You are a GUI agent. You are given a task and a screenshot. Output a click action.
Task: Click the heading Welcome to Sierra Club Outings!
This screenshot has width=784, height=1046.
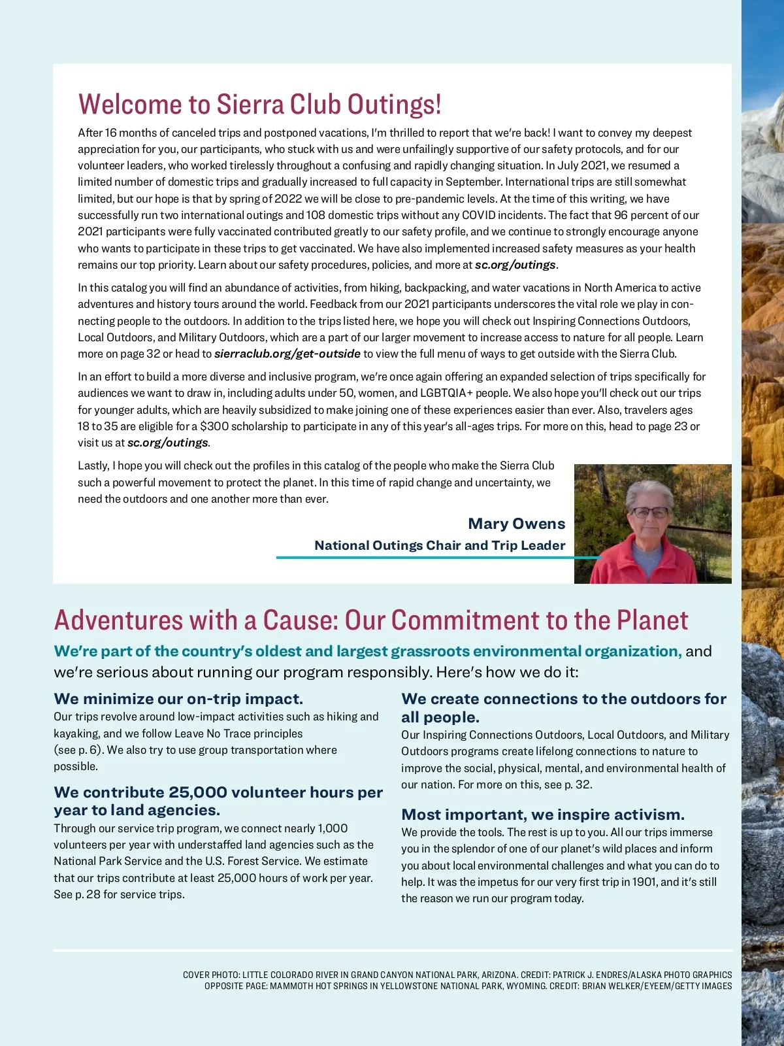pyautogui.click(x=259, y=105)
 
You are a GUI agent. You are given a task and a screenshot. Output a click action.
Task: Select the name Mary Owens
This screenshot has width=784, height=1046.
pyautogui.click(x=516, y=524)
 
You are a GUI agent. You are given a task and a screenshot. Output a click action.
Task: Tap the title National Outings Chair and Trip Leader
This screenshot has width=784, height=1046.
pyautogui.click(x=440, y=545)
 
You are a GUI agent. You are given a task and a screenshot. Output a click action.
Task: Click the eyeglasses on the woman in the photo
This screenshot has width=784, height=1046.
pyautogui.click(x=650, y=512)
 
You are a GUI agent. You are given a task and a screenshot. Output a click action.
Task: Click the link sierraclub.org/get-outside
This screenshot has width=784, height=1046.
pyautogui.click(x=287, y=354)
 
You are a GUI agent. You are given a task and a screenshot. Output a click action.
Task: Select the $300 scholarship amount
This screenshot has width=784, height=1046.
pyautogui.click(x=214, y=426)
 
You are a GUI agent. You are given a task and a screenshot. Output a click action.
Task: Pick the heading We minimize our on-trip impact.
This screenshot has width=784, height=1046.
pyautogui.click(x=178, y=699)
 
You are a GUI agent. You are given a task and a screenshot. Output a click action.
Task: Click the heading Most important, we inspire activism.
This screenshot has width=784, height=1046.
pyautogui.click(x=543, y=815)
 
